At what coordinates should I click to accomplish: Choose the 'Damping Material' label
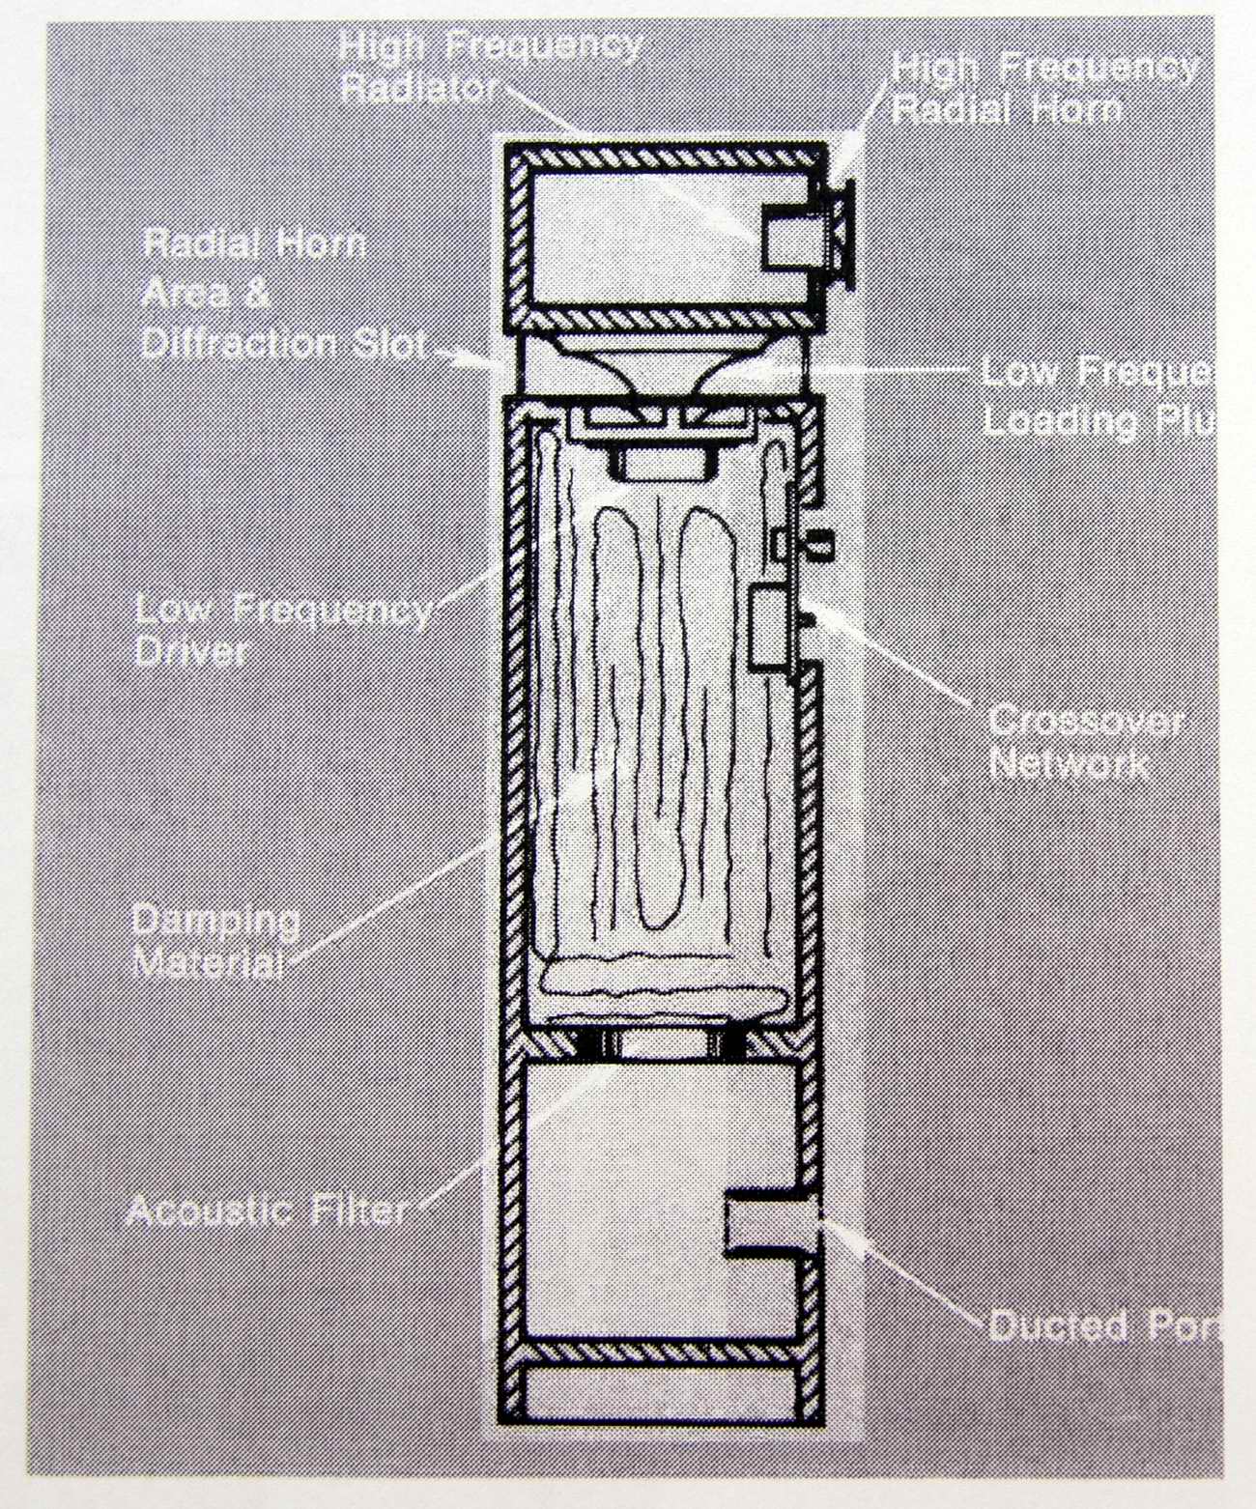(x=214, y=941)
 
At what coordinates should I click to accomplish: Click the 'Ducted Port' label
(x=1101, y=1325)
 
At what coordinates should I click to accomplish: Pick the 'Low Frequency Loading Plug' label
(x=1097, y=396)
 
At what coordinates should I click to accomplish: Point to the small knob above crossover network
(x=821, y=544)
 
